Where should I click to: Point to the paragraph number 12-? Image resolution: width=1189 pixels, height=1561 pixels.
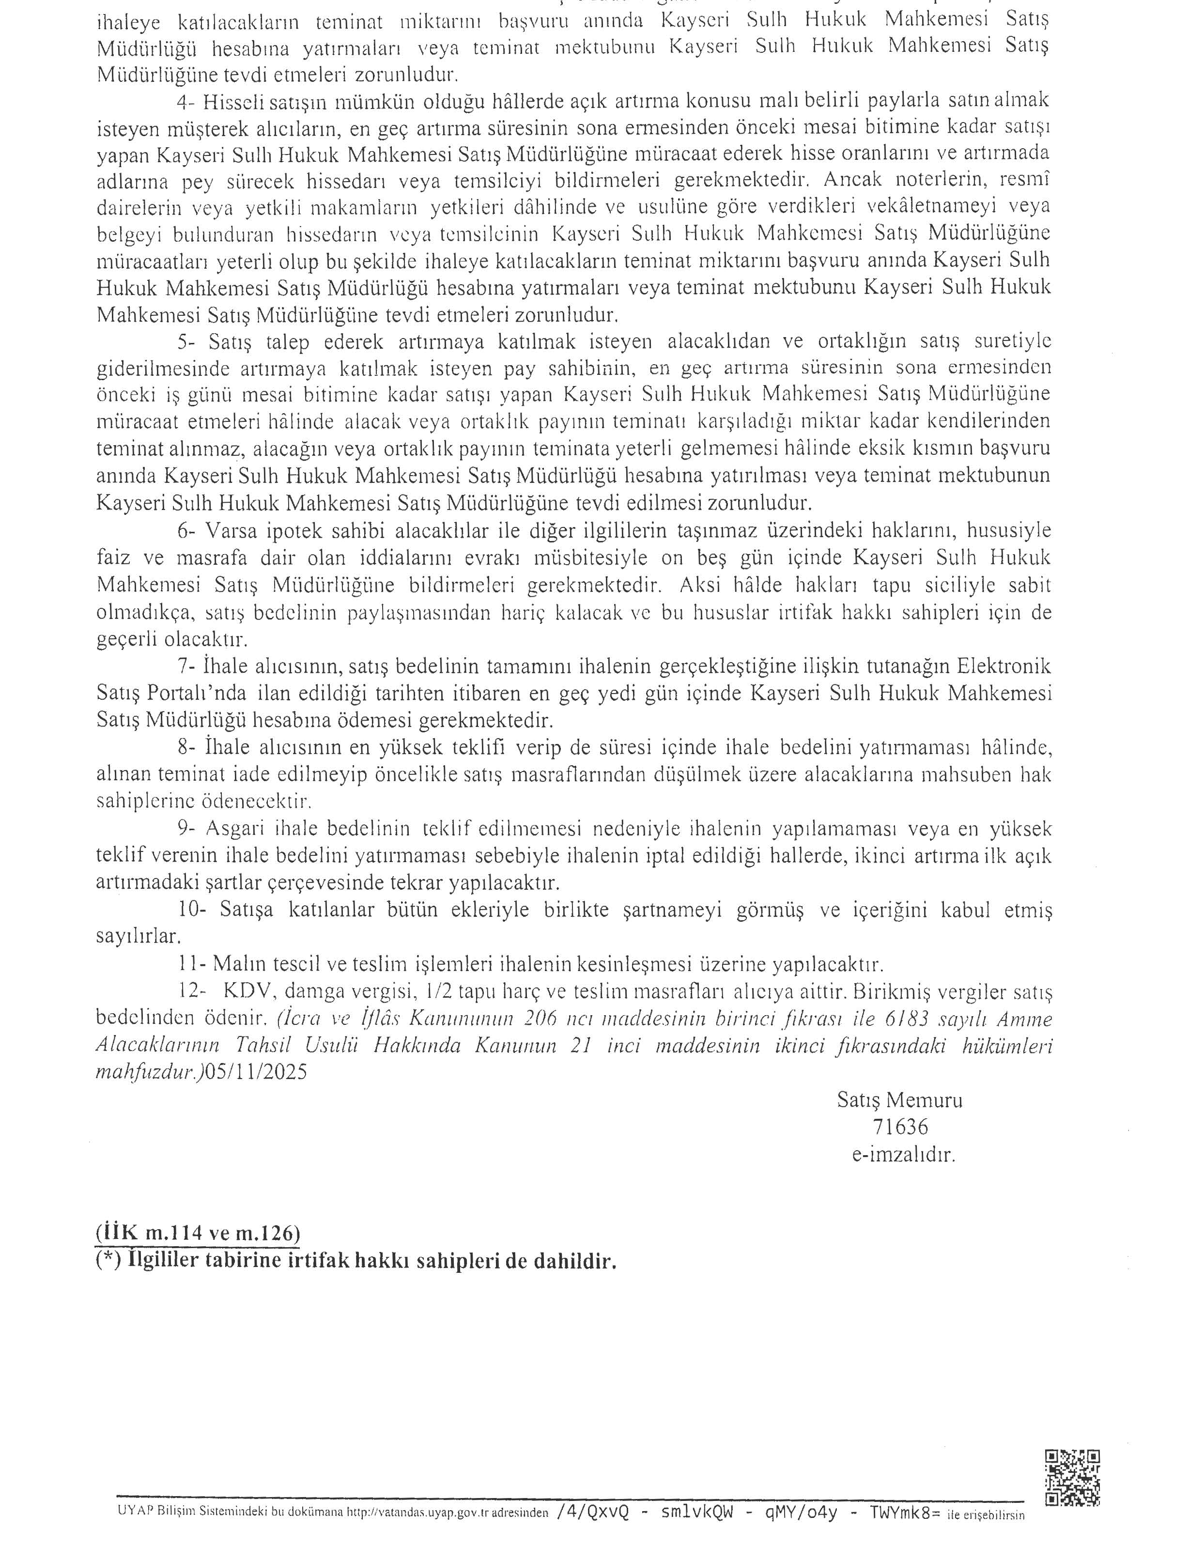(x=190, y=991)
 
